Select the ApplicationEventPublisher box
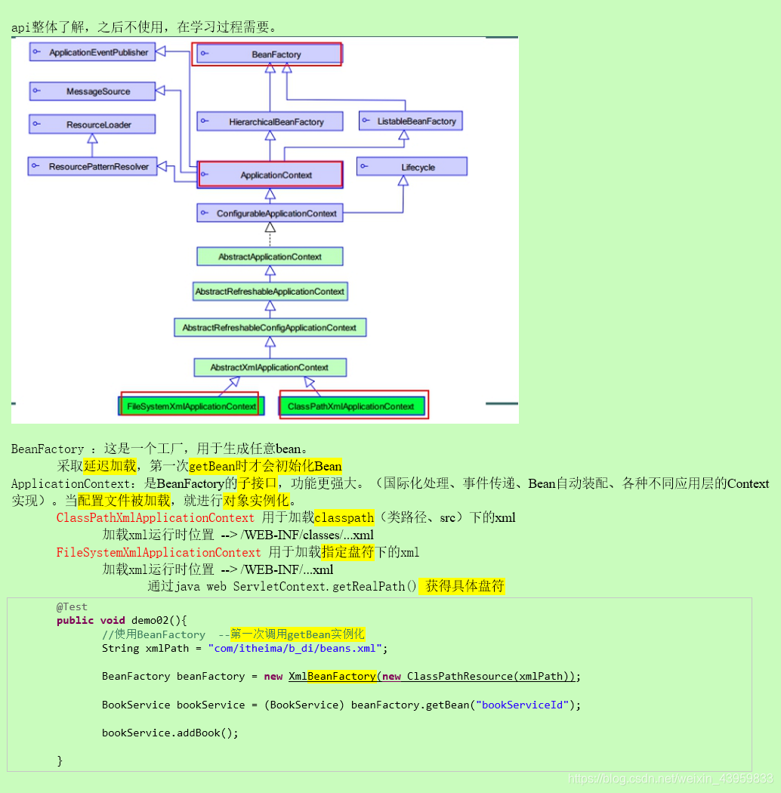pos(91,52)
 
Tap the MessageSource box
pos(92,91)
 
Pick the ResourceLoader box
pos(92,125)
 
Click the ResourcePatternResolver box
pos(92,166)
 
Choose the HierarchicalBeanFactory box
pos(270,122)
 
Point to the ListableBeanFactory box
pos(409,121)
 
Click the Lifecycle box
pos(412,167)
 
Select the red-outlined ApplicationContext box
pos(270,175)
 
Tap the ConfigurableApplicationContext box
pos(270,214)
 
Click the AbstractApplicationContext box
pos(270,257)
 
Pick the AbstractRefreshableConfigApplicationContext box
pos(270,328)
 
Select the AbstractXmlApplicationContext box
pos(270,368)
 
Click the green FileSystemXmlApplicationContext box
pos(190,406)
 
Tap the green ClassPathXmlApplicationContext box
pos(352,406)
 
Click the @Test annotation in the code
pos(72,606)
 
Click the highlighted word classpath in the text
pos(344,517)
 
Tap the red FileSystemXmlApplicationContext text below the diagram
pos(159,552)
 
